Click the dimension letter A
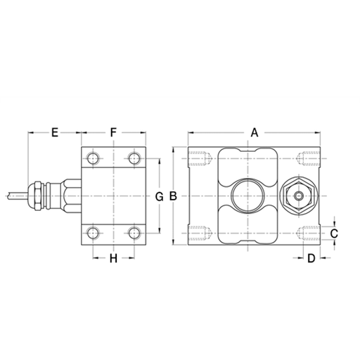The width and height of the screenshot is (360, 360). (x=255, y=132)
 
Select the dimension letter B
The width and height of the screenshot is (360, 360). (x=173, y=196)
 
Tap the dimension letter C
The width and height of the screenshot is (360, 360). (x=334, y=233)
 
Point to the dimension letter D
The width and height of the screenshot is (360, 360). (x=311, y=258)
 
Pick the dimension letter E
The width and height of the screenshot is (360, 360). (x=55, y=132)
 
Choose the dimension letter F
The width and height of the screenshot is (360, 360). (x=113, y=132)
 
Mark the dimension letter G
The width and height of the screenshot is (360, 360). (x=160, y=196)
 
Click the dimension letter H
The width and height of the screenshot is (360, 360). (x=114, y=258)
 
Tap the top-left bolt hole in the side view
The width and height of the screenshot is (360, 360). (x=94, y=159)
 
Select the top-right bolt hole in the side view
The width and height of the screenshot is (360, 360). (x=134, y=159)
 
